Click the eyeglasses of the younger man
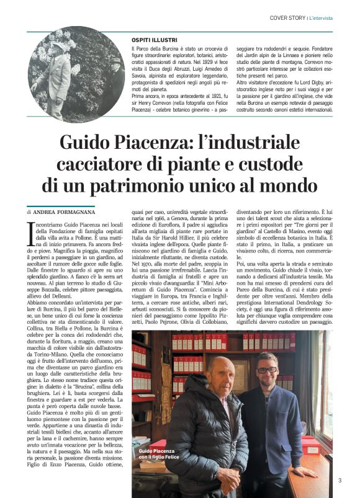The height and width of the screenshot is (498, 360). click(267, 370)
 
